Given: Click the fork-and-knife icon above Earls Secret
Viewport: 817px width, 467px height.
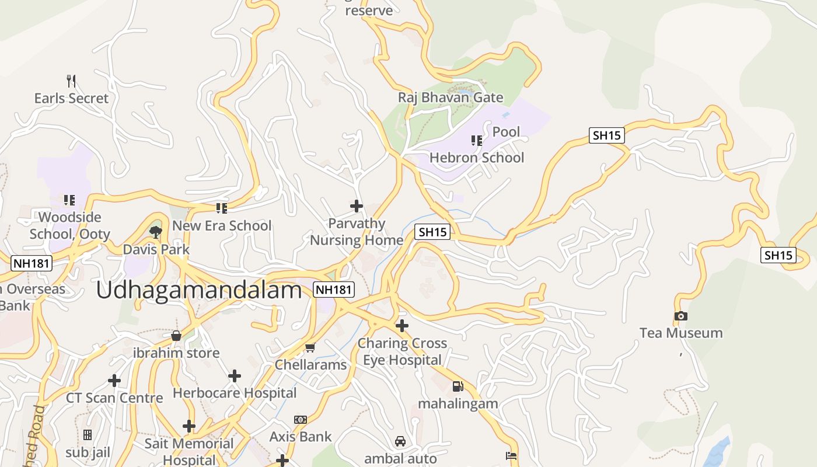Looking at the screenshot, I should [x=71, y=81].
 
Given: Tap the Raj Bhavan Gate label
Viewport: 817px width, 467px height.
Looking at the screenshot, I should [x=451, y=97].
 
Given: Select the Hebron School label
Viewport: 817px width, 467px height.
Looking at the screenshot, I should [x=477, y=158].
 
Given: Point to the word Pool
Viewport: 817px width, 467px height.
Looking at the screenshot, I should [x=506, y=132].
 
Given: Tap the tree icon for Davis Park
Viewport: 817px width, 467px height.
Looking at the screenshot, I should [x=155, y=232].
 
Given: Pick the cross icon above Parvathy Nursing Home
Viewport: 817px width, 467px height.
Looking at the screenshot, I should [x=356, y=206].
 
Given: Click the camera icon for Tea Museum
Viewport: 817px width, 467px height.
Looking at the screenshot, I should [x=680, y=316].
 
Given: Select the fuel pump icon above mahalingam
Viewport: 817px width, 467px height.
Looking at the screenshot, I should [x=458, y=386].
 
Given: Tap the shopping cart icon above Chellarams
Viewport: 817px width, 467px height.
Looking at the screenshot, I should [x=310, y=348].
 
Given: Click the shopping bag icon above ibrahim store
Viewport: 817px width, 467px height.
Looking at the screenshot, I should [x=176, y=336].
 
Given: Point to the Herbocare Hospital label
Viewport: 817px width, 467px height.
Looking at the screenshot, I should [x=235, y=393].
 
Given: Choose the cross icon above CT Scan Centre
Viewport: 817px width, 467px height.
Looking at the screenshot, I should [x=114, y=381].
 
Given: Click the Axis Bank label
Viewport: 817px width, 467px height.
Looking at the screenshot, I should [x=301, y=437].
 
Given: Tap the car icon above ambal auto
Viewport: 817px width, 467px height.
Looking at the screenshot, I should [x=400, y=441].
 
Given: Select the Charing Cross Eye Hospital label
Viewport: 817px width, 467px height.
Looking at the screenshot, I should [x=402, y=351].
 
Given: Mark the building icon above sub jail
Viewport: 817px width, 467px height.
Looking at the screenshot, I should [x=88, y=435].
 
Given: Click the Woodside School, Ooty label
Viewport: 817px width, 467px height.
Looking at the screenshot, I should [x=69, y=226].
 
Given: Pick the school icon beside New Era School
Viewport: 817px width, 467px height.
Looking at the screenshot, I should [x=221, y=208].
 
